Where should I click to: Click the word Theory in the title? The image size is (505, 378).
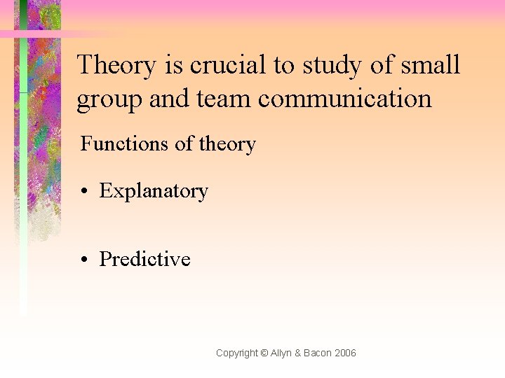pyautogui.click(x=116, y=65)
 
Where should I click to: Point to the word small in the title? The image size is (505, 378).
pyautogui.click(x=431, y=65)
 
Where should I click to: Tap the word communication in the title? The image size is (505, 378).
pyautogui.click(x=344, y=99)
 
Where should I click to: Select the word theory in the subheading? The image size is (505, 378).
pyautogui.click(x=227, y=145)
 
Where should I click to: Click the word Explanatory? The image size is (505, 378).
pyautogui.click(x=154, y=191)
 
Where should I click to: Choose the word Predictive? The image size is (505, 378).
pyautogui.click(x=144, y=259)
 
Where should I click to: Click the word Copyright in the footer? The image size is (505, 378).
pyautogui.click(x=236, y=353)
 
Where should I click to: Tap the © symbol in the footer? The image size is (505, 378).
pyautogui.click(x=264, y=353)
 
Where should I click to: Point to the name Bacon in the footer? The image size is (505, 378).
pyautogui.click(x=318, y=353)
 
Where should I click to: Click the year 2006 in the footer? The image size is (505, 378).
pyautogui.click(x=346, y=353)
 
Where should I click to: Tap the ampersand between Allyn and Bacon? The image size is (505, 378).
pyautogui.click(x=299, y=353)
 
